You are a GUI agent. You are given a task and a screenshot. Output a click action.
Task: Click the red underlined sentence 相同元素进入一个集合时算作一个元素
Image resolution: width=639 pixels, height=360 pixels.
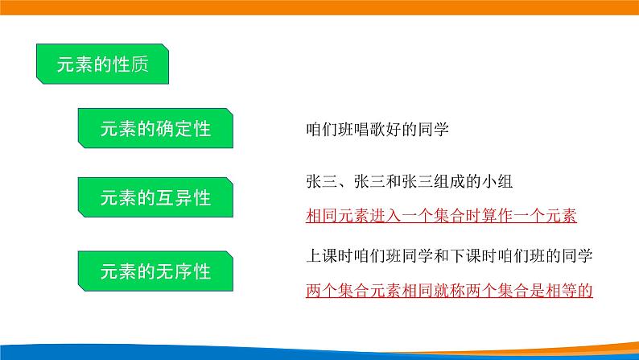pyautogui.click(x=443, y=217)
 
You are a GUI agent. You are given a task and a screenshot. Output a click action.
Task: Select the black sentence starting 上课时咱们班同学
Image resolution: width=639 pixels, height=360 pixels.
pyautogui.click(x=450, y=257)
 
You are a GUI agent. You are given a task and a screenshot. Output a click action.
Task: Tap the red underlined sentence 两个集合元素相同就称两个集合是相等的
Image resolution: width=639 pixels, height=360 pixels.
pyautogui.click(x=450, y=290)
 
